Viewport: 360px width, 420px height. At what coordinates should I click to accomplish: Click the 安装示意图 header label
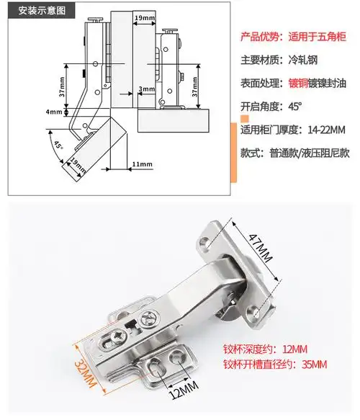(42, 11)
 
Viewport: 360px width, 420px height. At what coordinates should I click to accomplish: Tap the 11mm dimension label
(142, 164)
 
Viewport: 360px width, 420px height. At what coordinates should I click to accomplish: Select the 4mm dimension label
(54, 112)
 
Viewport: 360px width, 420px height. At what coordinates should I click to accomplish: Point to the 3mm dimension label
(146, 89)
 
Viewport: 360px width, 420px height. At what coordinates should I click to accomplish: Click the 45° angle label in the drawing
(58, 145)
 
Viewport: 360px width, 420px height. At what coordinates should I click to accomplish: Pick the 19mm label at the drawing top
(145, 18)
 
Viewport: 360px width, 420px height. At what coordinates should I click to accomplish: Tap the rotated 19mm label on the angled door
(78, 166)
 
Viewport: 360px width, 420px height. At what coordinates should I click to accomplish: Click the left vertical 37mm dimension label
(62, 87)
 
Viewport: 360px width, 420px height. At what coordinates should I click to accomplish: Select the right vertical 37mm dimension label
(195, 87)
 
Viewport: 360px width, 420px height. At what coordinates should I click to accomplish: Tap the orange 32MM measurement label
(85, 374)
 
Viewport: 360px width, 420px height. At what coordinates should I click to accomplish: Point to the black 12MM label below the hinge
(184, 390)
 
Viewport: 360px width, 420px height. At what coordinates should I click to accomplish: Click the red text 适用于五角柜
(318, 37)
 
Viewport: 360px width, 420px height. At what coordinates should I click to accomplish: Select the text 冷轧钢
(303, 60)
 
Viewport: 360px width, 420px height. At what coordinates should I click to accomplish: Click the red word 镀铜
(298, 83)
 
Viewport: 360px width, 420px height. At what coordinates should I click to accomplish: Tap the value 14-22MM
(327, 130)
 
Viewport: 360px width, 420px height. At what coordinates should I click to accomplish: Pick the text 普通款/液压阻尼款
(310, 153)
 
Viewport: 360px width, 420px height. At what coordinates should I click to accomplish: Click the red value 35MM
(314, 365)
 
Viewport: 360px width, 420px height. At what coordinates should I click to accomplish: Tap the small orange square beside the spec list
(245, 119)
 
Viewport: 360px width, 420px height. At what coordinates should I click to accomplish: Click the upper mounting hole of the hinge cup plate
(204, 242)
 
